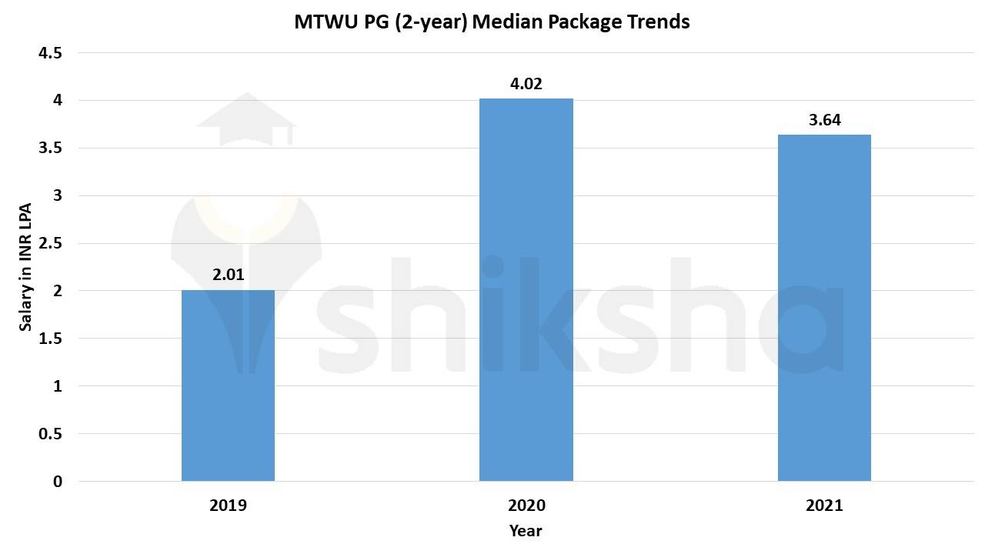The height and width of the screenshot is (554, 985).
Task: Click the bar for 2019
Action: (x=228, y=385)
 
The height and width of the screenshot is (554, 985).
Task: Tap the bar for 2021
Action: (x=824, y=308)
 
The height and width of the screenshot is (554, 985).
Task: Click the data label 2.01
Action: (x=228, y=273)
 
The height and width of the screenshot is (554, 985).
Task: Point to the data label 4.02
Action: (x=526, y=83)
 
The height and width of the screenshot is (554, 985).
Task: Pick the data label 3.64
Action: (x=824, y=119)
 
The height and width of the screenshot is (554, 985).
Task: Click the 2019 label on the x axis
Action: (x=228, y=506)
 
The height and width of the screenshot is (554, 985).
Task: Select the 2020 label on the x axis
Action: (x=526, y=506)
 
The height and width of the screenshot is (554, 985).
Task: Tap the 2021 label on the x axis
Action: (x=824, y=506)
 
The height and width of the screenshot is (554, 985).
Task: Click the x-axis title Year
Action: (x=526, y=531)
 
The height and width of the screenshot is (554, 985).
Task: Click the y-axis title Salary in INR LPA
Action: (x=25, y=267)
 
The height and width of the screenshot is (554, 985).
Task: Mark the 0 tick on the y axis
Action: (x=57, y=482)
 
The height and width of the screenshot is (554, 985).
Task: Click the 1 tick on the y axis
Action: (x=57, y=386)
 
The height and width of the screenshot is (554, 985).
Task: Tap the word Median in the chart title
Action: (x=502, y=22)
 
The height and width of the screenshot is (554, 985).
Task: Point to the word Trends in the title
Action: (x=659, y=22)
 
